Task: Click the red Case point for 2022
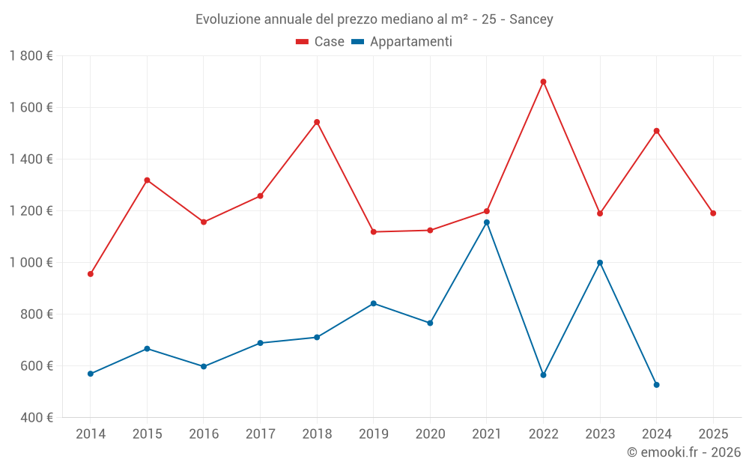[x=543, y=82]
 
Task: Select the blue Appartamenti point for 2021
[x=487, y=222]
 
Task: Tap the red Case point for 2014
[x=91, y=274]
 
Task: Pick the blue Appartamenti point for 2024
[x=657, y=385]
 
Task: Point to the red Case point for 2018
[x=317, y=122]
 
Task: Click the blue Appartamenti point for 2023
[x=600, y=263]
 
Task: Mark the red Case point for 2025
[x=713, y=213]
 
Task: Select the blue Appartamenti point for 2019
[x=374, y=303]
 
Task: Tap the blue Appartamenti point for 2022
[x=543, y=375]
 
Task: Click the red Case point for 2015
[x=147, y=180]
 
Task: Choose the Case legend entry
[x=321, y=42]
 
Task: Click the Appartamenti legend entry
[x=402, y=42]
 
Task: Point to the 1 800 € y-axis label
[x=31, y=55]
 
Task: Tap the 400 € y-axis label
[x=35, y=417]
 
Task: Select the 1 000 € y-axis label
[x=31, y=262]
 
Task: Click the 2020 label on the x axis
[x=430, y=434]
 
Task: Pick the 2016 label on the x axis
[x=204, y=434]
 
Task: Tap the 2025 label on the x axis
[x=713, y=434]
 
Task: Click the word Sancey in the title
[x=531, y=19]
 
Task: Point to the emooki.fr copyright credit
[x=684, y=452]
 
